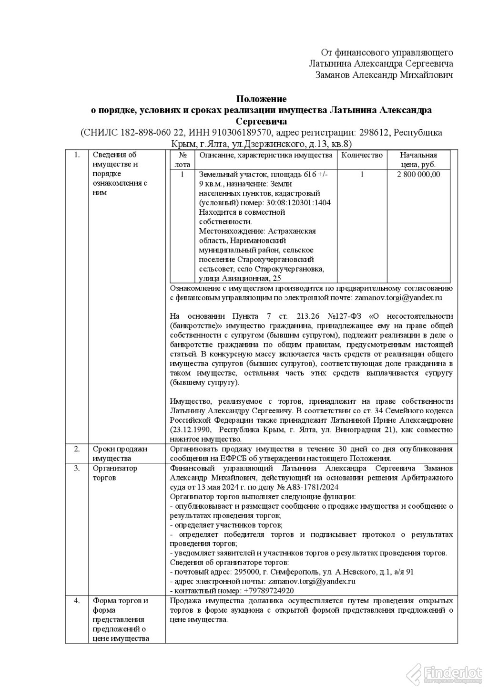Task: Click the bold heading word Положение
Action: pyautogui.click(x=262, y=99)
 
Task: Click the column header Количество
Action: pyautogui.click(x=362, y=155)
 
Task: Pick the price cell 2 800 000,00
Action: pyautogui.click(x=418, y=174)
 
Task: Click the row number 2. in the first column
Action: pyautogui.click(x=77, y=449)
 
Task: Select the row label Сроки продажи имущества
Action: pyautogui.click(x=120, y=454)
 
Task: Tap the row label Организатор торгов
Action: pyautogui.click(x=114, y=472)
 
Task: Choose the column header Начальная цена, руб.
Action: pyautogui.click(x=418, y=159)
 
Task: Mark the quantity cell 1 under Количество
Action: pyautogui.click(x=362, y=174)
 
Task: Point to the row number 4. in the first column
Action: pyautogui.click(x=77, y=600)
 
